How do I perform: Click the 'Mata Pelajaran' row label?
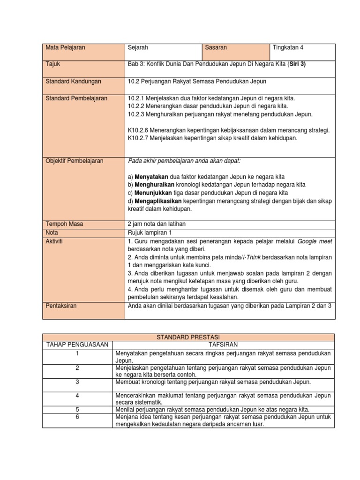65,48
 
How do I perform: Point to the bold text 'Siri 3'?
296,65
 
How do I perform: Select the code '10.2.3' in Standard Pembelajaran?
136,114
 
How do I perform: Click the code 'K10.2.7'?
138,138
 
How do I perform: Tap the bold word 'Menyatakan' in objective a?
150,177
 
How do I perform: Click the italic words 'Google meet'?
315,241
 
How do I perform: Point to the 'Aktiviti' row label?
55,240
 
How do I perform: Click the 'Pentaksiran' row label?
61,306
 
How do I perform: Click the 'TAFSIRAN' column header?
223,345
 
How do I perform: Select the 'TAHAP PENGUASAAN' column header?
77,345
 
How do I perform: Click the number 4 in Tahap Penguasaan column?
77,396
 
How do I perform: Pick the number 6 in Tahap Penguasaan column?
77,417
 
